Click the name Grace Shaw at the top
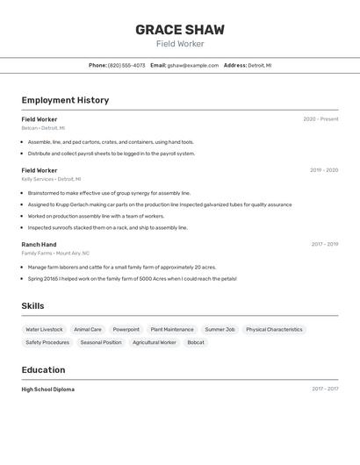[180, 30]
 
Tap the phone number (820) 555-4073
[126, 65]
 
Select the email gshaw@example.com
[192, 65]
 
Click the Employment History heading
[65, 100]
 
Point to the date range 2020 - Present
[320, 119]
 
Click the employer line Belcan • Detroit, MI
[43, 128]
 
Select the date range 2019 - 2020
[323, 170]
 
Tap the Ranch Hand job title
[39, 245]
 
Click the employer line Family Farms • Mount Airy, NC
[55, 253]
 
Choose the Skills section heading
[32, 306]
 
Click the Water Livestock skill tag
[44, 330]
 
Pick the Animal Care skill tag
[88, 330]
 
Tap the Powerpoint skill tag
[126, 330]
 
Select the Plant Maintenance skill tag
[172, 330]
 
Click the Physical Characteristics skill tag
[274, 330]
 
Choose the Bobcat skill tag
[195, 342]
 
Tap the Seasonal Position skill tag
[101, 342]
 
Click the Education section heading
[43, 370]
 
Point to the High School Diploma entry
[48, 389]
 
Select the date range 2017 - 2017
[324, 389]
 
